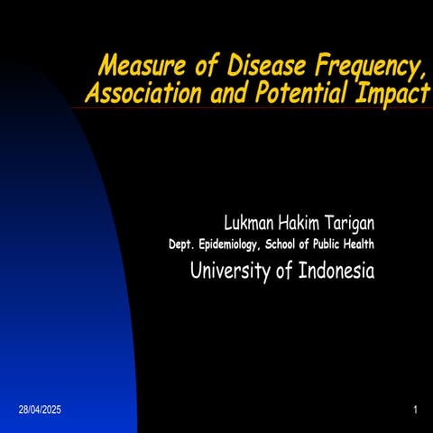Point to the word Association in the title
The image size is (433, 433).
pos(136,93)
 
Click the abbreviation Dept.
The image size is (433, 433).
pos(183,244)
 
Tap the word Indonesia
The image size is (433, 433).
pos(331,271)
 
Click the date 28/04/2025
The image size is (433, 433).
pos(40,410)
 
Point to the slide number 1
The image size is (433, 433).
pos(414,410)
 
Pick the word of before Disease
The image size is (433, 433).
pos(191,67)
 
